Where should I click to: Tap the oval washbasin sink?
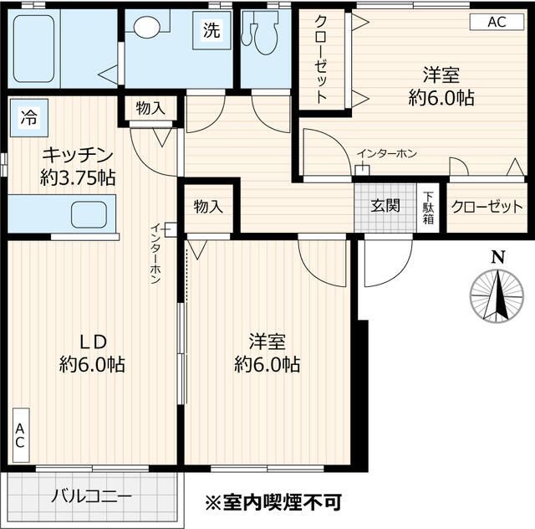[146, 28]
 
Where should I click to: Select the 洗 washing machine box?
[212, 30]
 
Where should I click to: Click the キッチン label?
[77, 155]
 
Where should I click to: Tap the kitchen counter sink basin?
[88, 215]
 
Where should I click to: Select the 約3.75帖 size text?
[77, 177]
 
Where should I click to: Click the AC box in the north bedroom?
[497, 23]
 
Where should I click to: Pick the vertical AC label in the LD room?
[19, 435]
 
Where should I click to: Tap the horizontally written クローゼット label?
[487, 207]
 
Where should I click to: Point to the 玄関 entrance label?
[386, 207]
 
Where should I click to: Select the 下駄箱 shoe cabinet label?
[428, 207]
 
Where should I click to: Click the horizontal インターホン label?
[386, 154]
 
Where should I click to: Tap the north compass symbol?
[497, 293]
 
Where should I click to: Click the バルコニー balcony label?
[91, 496]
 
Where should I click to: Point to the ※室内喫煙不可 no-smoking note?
[273, 502]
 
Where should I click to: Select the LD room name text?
[92, 341]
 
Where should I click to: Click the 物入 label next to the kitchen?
[150, 107]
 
